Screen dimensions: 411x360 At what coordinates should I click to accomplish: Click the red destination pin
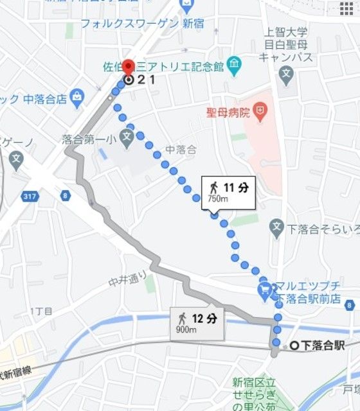point(128,67)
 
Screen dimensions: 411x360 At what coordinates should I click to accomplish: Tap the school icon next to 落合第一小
point(127,137)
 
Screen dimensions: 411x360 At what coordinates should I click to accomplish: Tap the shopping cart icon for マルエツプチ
point(265,290)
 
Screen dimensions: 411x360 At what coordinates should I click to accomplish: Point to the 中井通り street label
point(128,279)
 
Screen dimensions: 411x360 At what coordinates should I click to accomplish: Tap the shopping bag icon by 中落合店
point(78,98)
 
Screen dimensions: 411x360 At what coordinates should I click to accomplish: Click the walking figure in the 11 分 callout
point(213,187)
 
